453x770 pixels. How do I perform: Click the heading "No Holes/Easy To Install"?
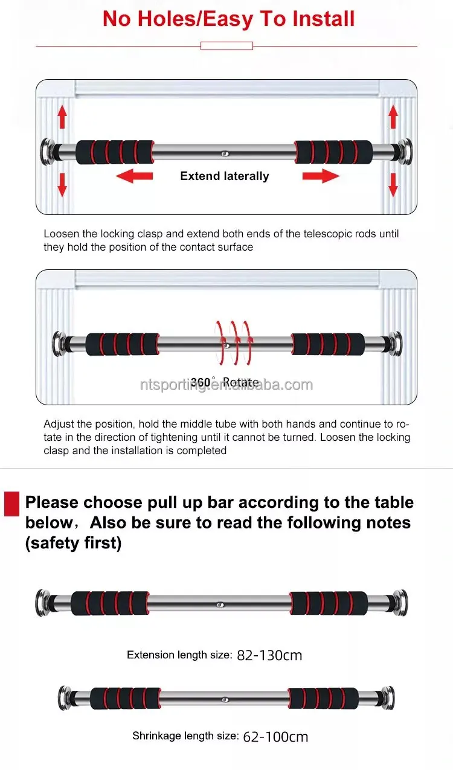(x=228, y=19)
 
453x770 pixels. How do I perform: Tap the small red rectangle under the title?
(x=227, y=46)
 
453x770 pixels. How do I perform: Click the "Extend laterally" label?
(x=225, y=176)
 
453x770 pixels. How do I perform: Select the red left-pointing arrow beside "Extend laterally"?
(x=134, y=176)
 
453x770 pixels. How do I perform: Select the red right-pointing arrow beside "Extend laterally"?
(x=321, y=176)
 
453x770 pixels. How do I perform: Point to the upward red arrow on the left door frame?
(x=62, y=117)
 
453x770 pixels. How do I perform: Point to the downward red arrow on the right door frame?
(x=393, y=185)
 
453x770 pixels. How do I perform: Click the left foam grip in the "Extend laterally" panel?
(x=115, y=152)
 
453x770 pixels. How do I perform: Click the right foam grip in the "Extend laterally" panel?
(x=334, y=152)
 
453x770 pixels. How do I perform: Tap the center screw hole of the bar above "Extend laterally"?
(x=225, y=154)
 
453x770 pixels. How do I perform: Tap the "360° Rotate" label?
(x=225, y=382)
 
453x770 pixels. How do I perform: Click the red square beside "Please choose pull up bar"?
(x=11, y=504)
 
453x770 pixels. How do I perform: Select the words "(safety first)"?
(x=74, y=543)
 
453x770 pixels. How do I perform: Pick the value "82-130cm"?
(x=269, y=655)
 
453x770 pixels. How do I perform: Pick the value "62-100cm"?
(x=275, y=737)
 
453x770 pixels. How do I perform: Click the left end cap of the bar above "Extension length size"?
(x=43, y=603)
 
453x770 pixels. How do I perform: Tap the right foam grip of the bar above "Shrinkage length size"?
(x=323, y=698)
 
